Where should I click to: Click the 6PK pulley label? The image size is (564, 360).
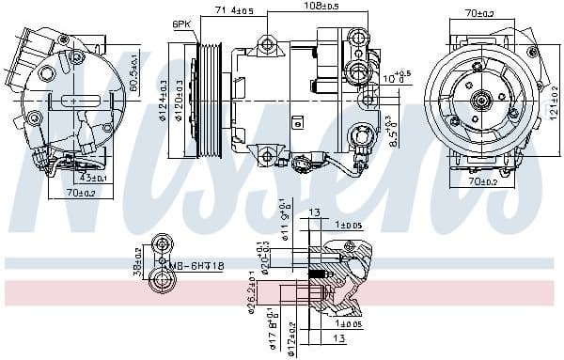tap(180, 23)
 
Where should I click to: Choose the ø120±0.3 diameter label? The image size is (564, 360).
tap(176, 101)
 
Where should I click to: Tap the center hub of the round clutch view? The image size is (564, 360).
tap(481, 98)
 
